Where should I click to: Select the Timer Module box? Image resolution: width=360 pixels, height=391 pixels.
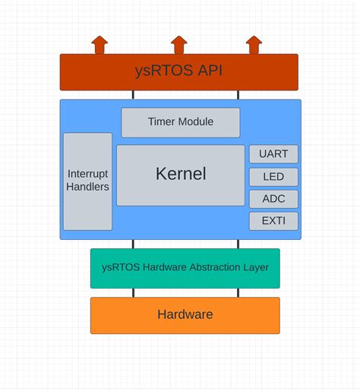pos(181,121)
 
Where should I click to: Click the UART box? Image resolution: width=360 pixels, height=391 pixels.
pos(273,154)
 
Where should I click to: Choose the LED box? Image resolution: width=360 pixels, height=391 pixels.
pos(273,177)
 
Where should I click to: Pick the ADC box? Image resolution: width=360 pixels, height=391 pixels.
pos(273,199)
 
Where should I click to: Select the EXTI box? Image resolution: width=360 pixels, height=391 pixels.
pos(273,221)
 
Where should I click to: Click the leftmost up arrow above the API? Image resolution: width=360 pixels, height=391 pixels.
pos(99,45)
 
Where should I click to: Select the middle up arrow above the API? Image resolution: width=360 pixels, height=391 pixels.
pos(178,45)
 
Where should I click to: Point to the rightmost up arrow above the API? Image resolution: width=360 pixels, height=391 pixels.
pos(254,45)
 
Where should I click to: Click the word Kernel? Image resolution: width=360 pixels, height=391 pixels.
pos(181,174)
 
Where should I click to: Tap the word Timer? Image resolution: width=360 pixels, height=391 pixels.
pos(163,121)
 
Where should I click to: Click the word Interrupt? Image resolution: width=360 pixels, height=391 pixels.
pos(87,174)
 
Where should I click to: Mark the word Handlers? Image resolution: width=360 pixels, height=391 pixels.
pos(87,187)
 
